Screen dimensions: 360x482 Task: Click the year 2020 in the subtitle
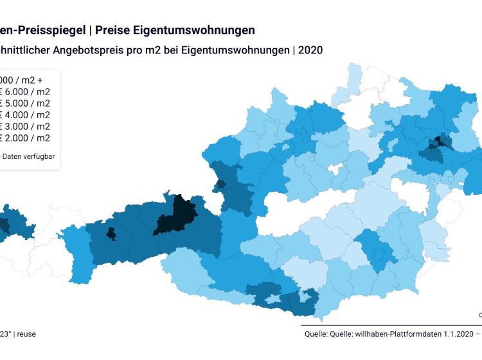tap(309, 50)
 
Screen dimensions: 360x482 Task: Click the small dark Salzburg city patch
tap(222, 184)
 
